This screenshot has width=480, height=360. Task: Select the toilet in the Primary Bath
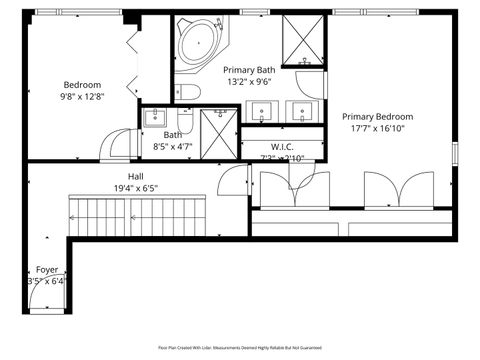click(x=190, y=93)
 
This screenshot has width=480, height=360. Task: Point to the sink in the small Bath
click(x=153, y=118)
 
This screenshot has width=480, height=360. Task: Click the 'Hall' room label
click(x=136, y=175)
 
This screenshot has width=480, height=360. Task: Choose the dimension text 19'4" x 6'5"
click(x=136, y=187)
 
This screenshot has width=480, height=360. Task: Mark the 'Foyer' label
click(x=47, y=269)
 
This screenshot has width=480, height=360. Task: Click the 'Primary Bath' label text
click(x=250, y=70)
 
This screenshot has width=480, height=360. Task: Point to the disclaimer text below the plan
click(x=240, y=347)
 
